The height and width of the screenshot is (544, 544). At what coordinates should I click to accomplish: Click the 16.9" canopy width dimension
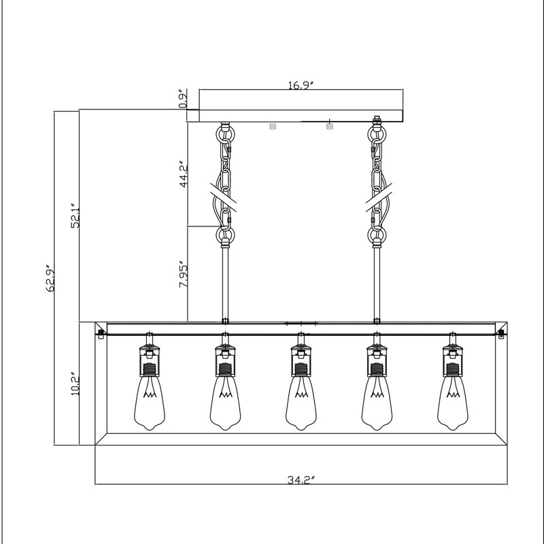coord(301,85)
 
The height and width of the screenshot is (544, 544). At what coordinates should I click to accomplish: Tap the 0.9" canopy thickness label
coord(183,99)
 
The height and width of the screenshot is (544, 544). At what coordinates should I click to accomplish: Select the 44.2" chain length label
coord(184,174)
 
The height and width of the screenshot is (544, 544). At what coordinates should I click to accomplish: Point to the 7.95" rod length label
coord(183,274)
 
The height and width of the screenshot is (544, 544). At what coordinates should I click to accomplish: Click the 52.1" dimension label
coord(75,216)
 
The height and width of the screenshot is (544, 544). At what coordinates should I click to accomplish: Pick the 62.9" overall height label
coord(50,279)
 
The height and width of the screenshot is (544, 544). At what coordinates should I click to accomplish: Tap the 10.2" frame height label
coord(75,386)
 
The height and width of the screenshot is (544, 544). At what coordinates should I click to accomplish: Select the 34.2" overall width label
coord(301,480)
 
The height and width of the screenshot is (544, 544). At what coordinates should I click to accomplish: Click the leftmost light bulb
coord(150,403)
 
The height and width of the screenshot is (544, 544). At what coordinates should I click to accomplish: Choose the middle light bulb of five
coord(301,403)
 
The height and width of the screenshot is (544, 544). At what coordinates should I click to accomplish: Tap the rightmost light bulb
coord(453,403)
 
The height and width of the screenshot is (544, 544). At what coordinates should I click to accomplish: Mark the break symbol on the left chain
coord(224,197)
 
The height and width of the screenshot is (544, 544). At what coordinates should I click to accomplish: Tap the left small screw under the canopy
coord(273,126)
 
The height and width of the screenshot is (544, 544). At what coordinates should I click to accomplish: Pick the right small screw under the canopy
coord(329,126)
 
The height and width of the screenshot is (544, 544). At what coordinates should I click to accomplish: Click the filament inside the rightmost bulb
coord(453,390)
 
